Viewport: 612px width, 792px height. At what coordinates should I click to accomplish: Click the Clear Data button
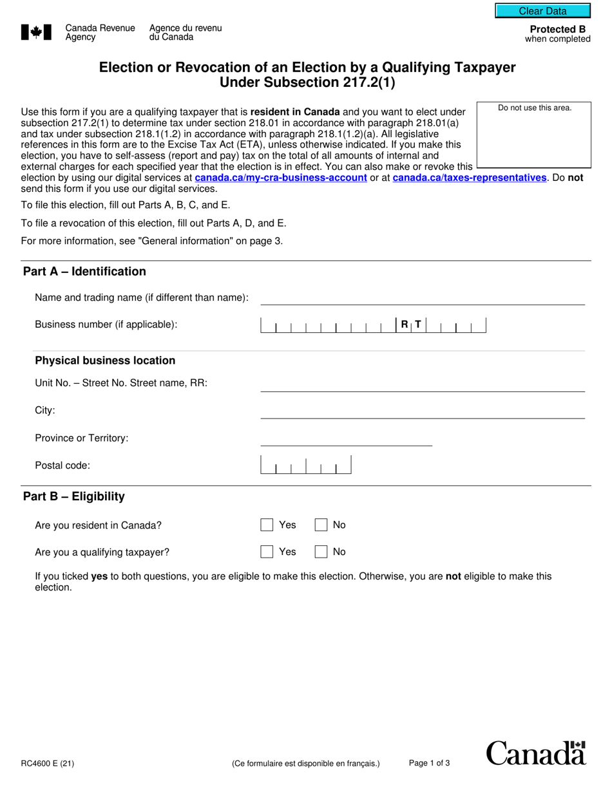542,11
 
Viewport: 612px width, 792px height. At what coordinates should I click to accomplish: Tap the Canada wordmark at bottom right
535,753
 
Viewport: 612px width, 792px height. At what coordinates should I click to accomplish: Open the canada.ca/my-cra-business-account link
281,178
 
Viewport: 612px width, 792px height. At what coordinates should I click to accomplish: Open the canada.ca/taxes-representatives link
469,178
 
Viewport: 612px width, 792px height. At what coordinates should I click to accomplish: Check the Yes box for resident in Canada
267,525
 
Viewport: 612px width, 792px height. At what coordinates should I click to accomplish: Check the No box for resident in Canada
321,525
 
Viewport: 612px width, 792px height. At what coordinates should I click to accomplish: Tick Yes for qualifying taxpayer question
267,552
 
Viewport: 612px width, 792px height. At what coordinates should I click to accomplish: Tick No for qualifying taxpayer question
321,552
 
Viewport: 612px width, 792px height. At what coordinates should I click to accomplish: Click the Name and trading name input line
422,298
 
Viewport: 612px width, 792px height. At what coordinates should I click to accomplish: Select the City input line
422,411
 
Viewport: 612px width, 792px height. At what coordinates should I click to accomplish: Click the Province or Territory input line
346,439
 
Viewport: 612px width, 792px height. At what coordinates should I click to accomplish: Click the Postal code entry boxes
306,466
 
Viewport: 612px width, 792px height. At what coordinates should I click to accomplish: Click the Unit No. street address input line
422,384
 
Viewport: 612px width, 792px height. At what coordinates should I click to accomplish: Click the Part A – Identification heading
84,272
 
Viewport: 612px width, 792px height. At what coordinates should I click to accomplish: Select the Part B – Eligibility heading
74,496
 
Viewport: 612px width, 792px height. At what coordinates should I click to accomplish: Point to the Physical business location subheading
105,361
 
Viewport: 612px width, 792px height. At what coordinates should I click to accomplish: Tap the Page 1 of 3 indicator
429,764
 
